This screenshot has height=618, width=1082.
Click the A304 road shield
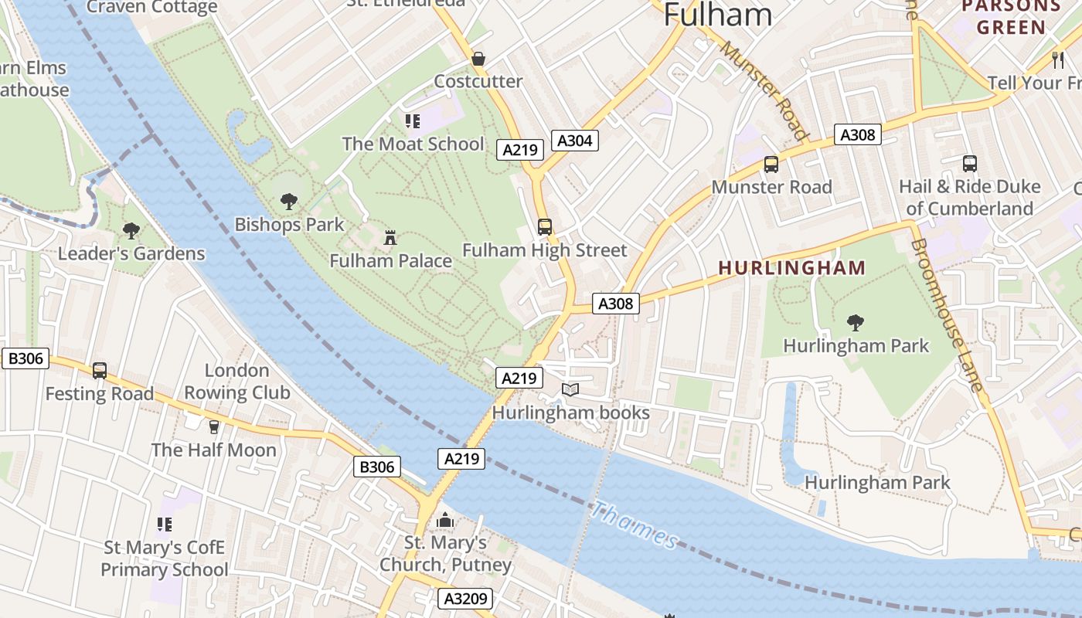(575, 140)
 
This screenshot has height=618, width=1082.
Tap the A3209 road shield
(465, 599)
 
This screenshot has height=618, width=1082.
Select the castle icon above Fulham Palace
(390, 237)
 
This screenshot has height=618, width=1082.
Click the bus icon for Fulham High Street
(545, 226)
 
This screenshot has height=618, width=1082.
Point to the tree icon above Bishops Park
(289, 202)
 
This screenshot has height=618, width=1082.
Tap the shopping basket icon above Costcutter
(478, 59)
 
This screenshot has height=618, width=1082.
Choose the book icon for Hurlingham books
(570, 390)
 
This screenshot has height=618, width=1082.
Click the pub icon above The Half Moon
(214, 426)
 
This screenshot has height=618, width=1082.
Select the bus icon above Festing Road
(100, 370)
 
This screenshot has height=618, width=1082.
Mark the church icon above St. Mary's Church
(444, 521)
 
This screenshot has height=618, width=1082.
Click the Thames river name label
(635, 525)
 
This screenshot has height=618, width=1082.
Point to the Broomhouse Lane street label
(948, 314)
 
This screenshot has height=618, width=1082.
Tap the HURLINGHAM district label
(792, 268)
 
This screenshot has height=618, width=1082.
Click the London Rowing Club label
(236, 382)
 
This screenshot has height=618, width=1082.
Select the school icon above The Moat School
(412, 121)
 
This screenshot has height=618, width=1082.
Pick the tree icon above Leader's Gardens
(131, 230)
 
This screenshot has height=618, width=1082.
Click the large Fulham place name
(717, 15)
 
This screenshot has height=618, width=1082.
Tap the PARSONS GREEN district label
(1010, 17)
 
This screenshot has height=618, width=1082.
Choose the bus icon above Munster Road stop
(771, 164)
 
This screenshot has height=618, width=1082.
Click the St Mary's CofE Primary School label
(165, 559)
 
